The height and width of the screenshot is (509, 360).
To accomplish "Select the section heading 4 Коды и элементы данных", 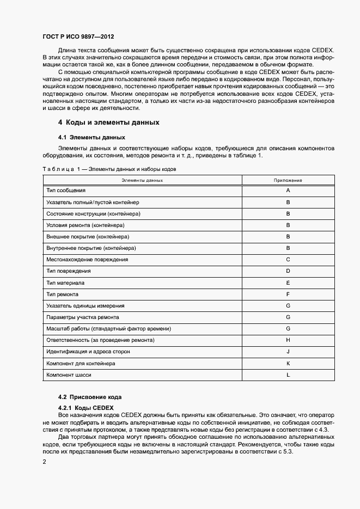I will click(x=108, y=122).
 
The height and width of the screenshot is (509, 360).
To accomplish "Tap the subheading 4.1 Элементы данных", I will click(x=91, y=137).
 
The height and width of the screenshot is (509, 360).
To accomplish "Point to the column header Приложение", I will click(x=288, y=180).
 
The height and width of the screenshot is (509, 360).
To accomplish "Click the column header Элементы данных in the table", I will click(x=142, y=180).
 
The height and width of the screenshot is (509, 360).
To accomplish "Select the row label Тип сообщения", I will click(x=66, y=191).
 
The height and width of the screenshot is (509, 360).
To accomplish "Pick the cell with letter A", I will click(x=288, y=191).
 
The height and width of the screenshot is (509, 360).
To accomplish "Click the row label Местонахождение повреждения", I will click(x=87, y=259).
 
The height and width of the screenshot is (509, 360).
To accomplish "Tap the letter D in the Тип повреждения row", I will click(x=288, y=271).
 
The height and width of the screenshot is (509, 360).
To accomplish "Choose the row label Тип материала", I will click(x=65, y=283).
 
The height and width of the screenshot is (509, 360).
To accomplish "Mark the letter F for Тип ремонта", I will click(x=288, y=294).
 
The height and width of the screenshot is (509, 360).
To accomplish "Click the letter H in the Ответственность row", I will click(x=288, y=340).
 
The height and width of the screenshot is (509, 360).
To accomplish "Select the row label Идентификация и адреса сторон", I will click(x=88, y=352).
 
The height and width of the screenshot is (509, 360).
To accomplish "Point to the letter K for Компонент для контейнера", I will click(x=288, y=363).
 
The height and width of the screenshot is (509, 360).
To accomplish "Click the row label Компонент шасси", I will click(x=69, y=375).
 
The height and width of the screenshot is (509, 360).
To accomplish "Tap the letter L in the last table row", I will click(x=288, y=375).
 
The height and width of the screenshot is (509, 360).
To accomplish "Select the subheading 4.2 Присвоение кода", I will click(x=90, y=396).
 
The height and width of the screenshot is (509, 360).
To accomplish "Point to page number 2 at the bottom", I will click(x=44, y=462).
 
